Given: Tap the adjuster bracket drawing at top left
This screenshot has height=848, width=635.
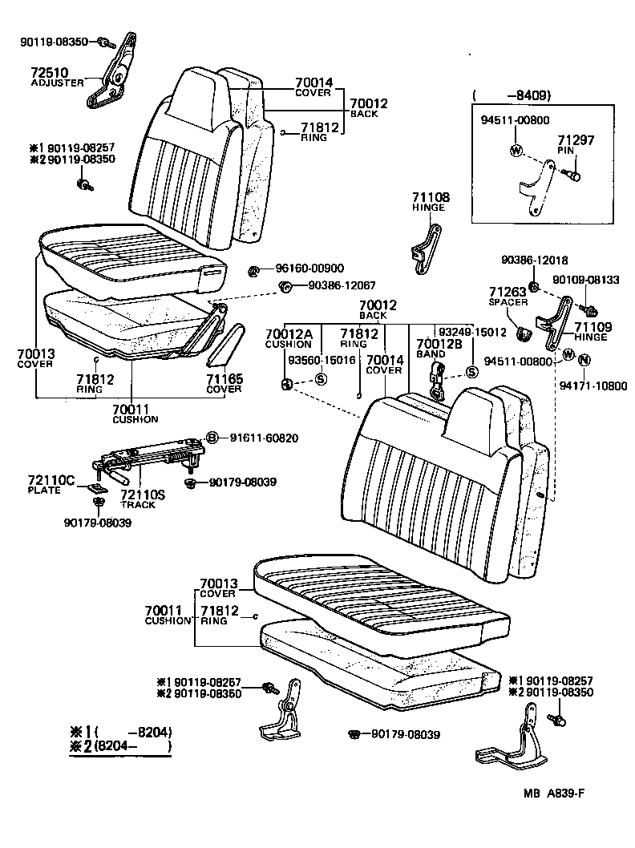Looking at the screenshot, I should (109, 76).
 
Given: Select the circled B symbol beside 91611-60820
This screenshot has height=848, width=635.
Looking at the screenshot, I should (212, 437).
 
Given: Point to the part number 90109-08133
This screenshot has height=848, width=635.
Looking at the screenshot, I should (586, 280).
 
